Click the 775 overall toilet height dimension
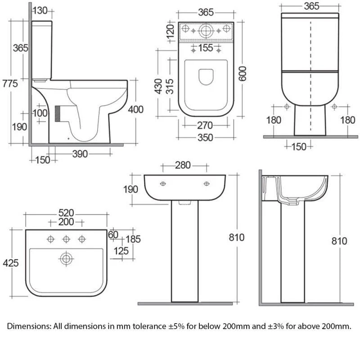click(x=10, y=83)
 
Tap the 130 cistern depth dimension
click(x=40, y=10)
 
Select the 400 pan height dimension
click(x=136, y=109)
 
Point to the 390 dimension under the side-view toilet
click(x=80, y=154)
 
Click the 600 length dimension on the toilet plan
click(x=242, y=74)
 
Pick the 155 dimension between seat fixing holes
click(x=206, y=48)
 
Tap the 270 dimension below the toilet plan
click(x=205, y=126)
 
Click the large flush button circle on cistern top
click(x=206, y=31)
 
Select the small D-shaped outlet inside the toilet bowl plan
click(x=206, y=76)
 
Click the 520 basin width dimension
click(x=66, y=213)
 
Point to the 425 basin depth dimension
click(x=10, y=263)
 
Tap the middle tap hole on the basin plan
click(x=66, y=239)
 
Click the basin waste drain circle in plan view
click(x=66, y=259)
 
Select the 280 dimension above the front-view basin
click(x=183, y=165)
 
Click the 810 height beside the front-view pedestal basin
click(x=237, y=238)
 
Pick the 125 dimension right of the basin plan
click(x=121, y=251)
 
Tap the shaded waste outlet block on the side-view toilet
click(x=58, y=114)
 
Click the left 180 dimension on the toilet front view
click(x=274, y=120)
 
